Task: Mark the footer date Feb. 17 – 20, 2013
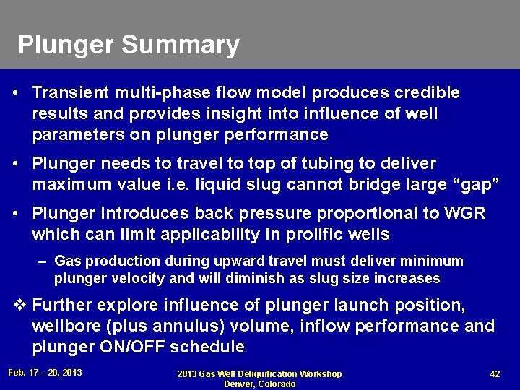click(45, 373)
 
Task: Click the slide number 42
click(495, 373)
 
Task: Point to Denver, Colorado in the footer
click(260, 384)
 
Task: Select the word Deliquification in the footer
click(268, 374)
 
